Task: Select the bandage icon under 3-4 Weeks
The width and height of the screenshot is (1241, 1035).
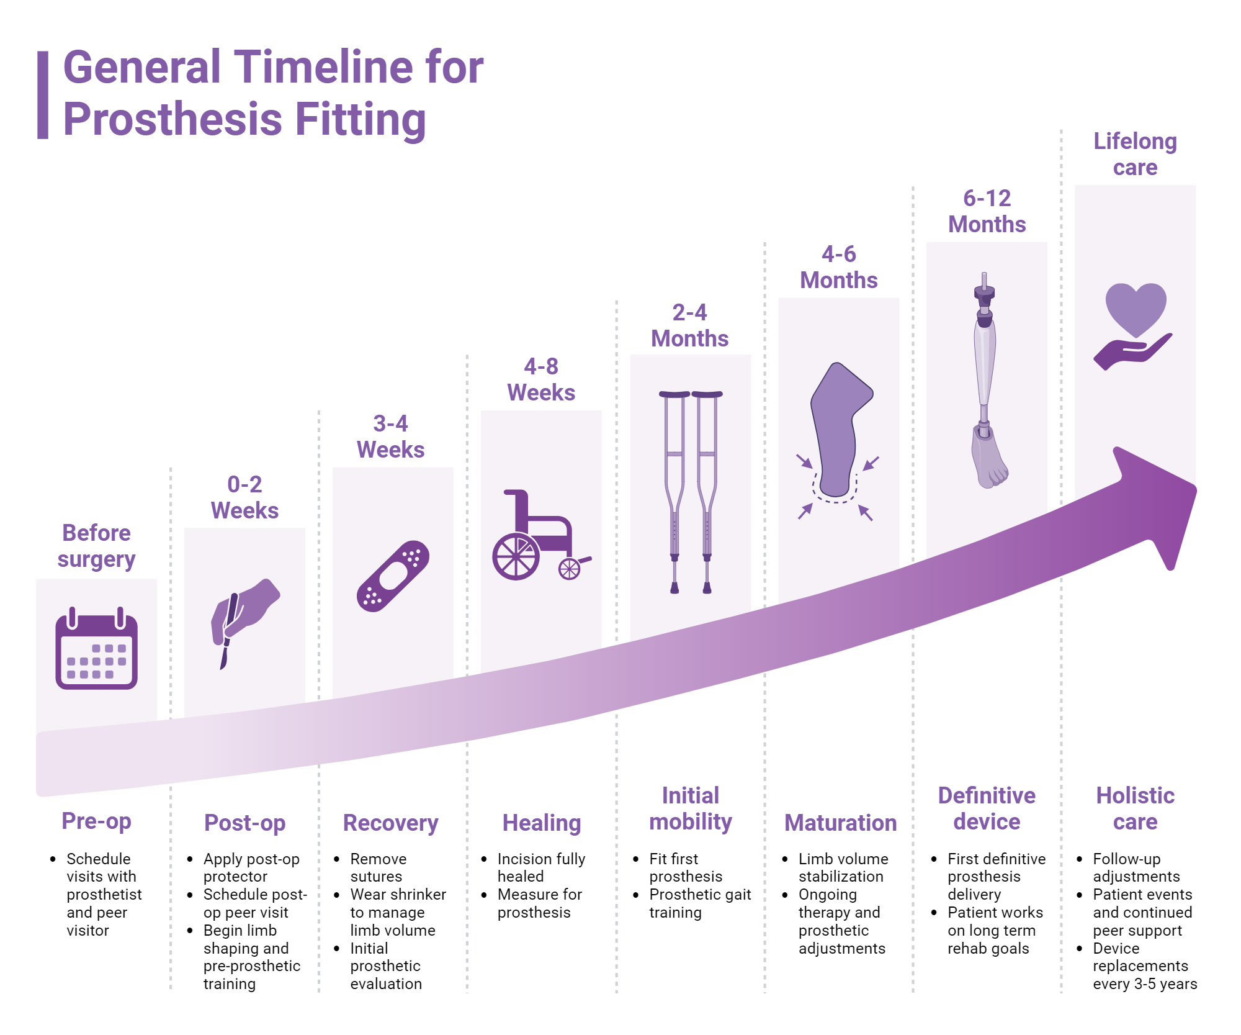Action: coord(393,576)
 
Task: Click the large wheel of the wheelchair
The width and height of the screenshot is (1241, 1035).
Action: coord(516,556)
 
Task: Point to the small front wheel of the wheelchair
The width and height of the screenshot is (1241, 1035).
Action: coord(569,569)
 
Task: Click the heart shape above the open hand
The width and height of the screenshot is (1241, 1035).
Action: coord(1136,307)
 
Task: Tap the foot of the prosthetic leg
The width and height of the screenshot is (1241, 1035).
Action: coord(989,459)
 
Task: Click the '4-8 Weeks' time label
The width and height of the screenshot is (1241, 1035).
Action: coord(541,379)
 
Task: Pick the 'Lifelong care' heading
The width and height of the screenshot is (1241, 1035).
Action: coord(1135,154)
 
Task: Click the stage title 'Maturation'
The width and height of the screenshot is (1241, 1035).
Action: coord(840,823)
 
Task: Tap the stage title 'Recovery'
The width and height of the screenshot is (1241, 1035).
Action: coord(391,823)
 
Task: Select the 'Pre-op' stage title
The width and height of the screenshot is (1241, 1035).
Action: coord(96,821)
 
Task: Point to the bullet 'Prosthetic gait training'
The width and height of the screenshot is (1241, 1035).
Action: coord(699,903)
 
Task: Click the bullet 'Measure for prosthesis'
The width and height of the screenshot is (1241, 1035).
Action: coord(539,903)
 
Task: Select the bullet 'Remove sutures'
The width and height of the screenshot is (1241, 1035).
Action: coord(378,867)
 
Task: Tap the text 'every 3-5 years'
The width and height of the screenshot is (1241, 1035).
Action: coord(1145,984)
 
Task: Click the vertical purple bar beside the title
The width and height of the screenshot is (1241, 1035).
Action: coord(43,94)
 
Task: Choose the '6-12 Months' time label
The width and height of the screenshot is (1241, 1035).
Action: coord(987,211)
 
